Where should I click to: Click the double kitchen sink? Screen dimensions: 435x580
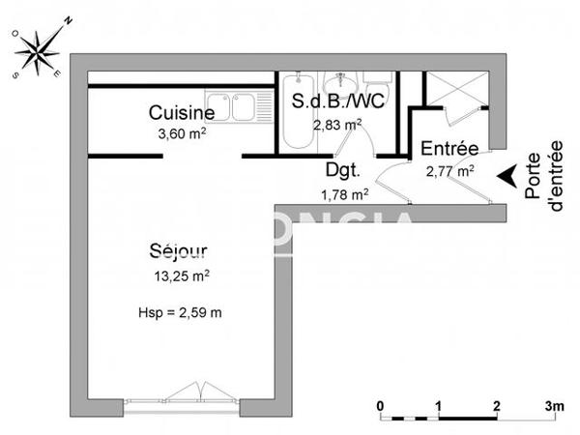tap(231, 104)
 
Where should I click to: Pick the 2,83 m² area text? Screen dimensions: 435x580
tap(337, 124)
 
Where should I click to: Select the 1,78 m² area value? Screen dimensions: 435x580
tap(344, 193)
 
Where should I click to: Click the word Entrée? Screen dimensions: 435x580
tap(449, 150)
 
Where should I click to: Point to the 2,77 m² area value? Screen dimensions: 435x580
tap(449, 171)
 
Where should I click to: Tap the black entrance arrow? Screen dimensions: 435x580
tap(506, 176)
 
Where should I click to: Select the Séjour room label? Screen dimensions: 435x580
tap(178, 252)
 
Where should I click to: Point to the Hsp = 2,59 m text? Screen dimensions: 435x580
tap(182, 312)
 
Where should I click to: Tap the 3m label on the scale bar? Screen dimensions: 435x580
tap(553, 404)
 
